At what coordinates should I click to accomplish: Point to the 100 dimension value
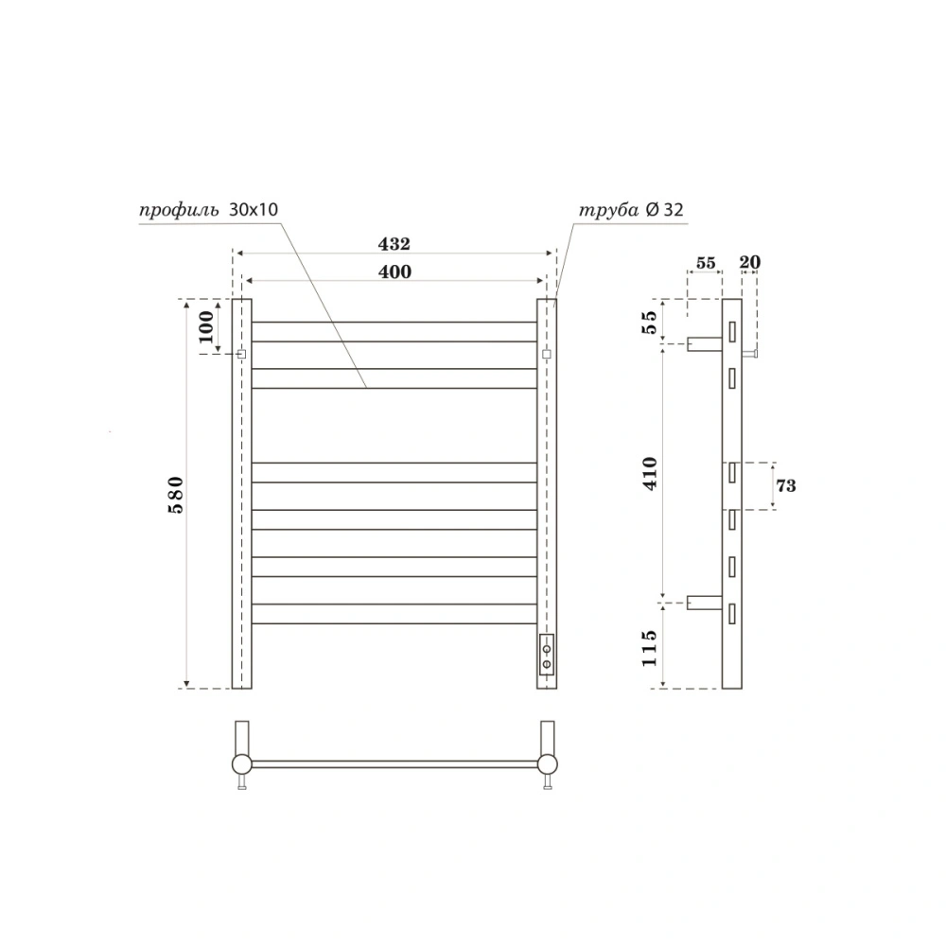(x=206, y=326)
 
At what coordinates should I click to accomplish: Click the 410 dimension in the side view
(x=649, y=472)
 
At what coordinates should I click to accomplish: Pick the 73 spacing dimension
(x=785, y=485)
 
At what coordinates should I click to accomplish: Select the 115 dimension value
(x=649, y=647)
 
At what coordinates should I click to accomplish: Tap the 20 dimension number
(x=751, y=263)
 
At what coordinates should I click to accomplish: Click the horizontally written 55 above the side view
(x=705, y=263)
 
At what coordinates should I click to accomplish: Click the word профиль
(x=179, y=209)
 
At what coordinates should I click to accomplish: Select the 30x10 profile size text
(x=254, y=209)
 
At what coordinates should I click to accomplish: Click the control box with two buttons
(x=547, y=656)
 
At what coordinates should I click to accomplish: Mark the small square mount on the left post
(x=241, y=354)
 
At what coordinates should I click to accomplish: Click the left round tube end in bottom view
(x=242, y=763)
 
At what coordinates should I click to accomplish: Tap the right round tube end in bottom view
(x=547, y=763)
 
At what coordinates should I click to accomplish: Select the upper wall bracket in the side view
(x=705, y=343)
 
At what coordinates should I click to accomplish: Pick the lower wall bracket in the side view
(x=705, y=602)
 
